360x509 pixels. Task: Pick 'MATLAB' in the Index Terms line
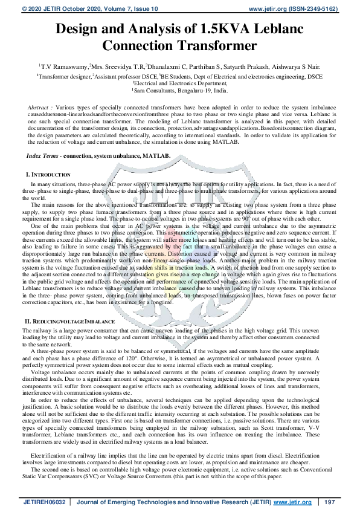tap(156, 156)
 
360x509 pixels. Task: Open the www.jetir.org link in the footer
tap(294, 502)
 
